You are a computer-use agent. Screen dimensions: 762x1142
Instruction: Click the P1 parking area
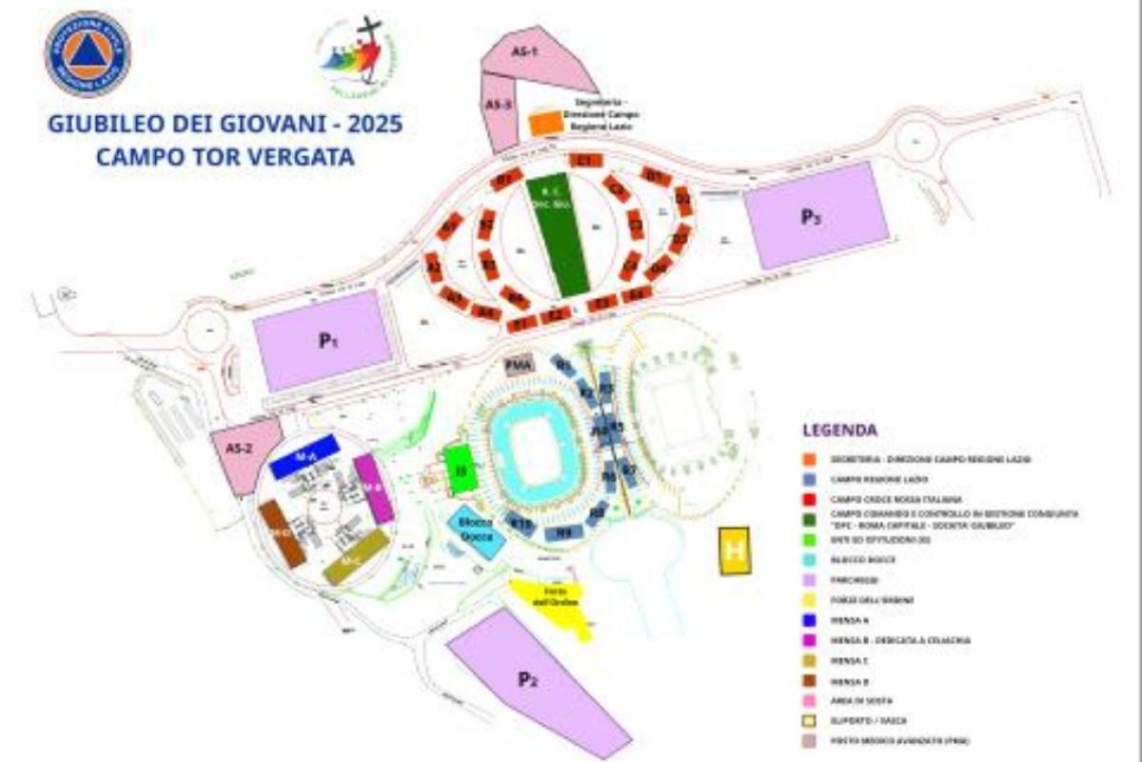point(324,339)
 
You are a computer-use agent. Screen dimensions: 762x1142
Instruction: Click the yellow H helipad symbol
point(734,551)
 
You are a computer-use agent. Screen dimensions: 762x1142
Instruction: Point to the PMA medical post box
point(518,365)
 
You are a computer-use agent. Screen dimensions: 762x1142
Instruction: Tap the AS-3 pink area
point(497,110)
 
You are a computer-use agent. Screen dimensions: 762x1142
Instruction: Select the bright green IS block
point(460,470)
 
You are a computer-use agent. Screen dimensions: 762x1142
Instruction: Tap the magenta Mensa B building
point(373,487)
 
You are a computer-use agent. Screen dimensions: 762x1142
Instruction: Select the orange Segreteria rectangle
point(544,123)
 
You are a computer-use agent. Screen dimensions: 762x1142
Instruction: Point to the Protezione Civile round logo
point(88,54)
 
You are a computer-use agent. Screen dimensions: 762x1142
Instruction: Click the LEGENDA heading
point(839,430)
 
